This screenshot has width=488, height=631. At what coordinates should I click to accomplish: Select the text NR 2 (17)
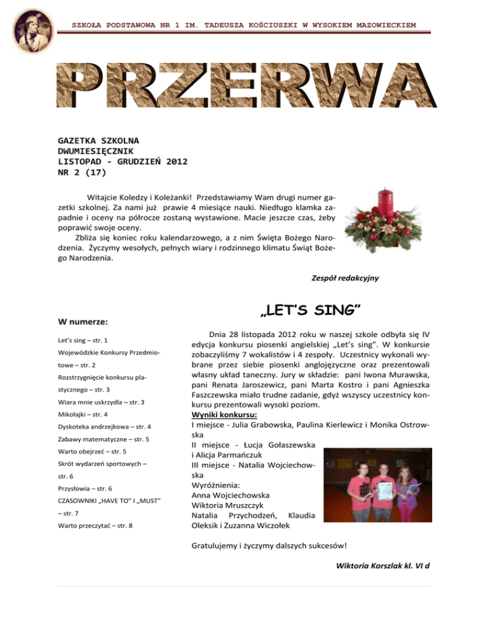[x=82, y=172]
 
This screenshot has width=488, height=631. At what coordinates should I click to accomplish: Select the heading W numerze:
[x=83, y=322]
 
